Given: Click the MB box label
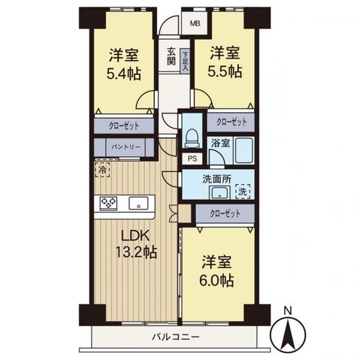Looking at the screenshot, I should point(194,22).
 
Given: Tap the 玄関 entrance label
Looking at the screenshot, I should point(171,57).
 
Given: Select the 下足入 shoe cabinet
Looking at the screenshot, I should point(185,60).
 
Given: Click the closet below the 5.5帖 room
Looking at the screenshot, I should point(231,121).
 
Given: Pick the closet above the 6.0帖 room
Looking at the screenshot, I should point(225,213).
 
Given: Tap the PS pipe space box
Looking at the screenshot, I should point(192,159).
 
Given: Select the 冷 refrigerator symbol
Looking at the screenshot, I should point(102,169).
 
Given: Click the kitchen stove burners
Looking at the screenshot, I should point(107,203).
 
